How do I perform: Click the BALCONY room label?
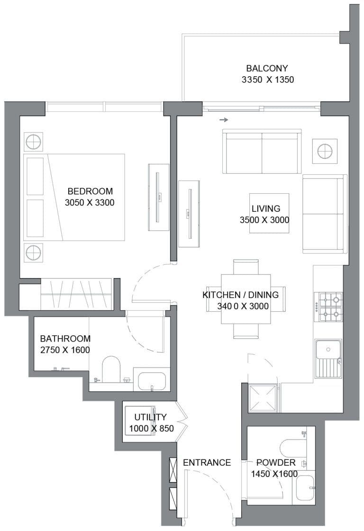(x=267, y=68)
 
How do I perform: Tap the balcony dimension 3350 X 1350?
(x=267, y=80)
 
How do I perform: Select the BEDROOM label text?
(x=90, y=191)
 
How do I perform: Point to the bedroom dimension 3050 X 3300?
(x=90, y=203)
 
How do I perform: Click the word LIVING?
(x=266, y=208)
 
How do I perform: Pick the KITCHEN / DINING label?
(x=240, y=295)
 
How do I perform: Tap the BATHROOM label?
(x=65, y=339)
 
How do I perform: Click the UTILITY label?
(x=150, y=417)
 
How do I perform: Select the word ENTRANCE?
(x=207, y=462)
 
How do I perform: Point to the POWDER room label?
(x=276, y=462)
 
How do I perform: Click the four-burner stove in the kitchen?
(x=330, y=306)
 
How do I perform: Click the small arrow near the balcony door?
(x=224, y=120)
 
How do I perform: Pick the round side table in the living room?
(x=325, y=151)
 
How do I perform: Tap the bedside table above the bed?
(x=33, y=142)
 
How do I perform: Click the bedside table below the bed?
(x=33, y=252)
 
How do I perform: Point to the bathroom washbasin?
(x=149, y=380)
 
